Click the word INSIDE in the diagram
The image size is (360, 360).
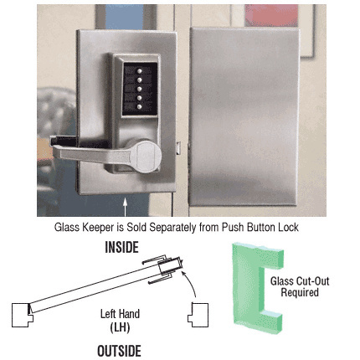(x=121, y=248)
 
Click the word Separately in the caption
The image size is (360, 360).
(x=178, y=227)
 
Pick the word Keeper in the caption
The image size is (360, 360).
(x=96, y=227)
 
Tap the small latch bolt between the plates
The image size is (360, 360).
(x=182, y=149)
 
